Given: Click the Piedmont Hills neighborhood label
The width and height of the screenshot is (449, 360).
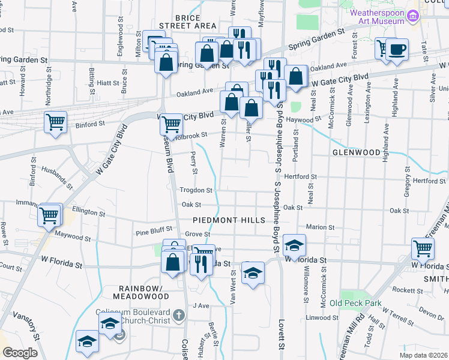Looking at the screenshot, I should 229,220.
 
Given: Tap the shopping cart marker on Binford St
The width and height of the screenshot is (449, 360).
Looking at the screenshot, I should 55,122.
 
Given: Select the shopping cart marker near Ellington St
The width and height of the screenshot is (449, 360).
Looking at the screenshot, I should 49,215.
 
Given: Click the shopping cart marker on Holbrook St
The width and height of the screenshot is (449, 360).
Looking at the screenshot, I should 171,124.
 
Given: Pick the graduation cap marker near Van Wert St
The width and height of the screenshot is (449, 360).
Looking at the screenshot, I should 253,273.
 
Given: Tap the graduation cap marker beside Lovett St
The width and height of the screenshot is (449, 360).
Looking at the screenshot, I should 294,245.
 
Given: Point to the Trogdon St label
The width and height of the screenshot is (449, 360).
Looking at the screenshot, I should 196,190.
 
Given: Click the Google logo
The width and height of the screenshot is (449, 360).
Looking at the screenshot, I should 20,353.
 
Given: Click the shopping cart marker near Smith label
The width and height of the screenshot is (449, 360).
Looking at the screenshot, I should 423,248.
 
